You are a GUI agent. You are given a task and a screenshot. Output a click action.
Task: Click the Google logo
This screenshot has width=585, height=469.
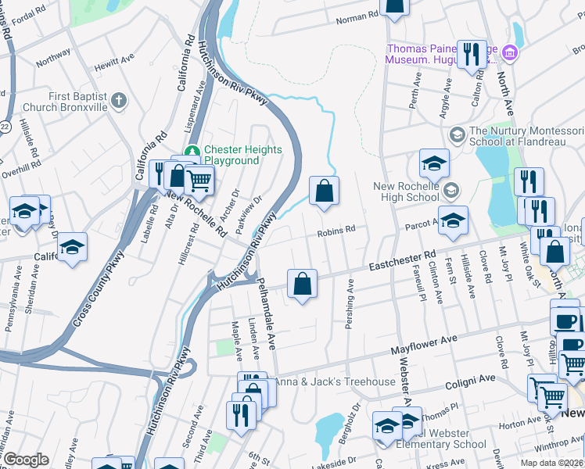(x=26, y=460)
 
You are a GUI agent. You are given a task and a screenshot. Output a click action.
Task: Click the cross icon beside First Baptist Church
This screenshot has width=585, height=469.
(x=119, y=100)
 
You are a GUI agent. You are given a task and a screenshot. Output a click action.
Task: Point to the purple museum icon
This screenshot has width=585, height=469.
(x=510, y=53)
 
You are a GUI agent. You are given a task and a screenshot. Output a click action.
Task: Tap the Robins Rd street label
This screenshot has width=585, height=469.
(x=336, y=231)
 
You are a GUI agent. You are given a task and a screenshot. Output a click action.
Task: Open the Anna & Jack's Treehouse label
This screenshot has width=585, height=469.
(x=334, y=381)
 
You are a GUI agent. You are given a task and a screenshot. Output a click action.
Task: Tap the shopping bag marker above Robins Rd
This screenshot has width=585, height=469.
(x=324, y=191)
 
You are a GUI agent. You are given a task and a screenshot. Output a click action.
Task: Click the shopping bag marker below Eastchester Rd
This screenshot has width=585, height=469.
(x=302, y=284)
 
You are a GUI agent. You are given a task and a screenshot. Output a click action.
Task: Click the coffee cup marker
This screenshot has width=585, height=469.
(x=564, y=320)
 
